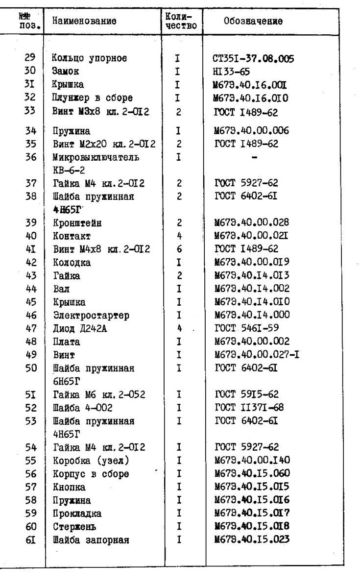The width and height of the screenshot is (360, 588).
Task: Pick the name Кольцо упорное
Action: [x=90, y=58]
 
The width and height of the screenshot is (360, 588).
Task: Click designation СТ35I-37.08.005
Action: [x=250, y=59]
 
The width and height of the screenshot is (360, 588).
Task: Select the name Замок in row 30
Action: [x=64, y=71]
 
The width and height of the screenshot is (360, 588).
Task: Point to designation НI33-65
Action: [x=229, y=71]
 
